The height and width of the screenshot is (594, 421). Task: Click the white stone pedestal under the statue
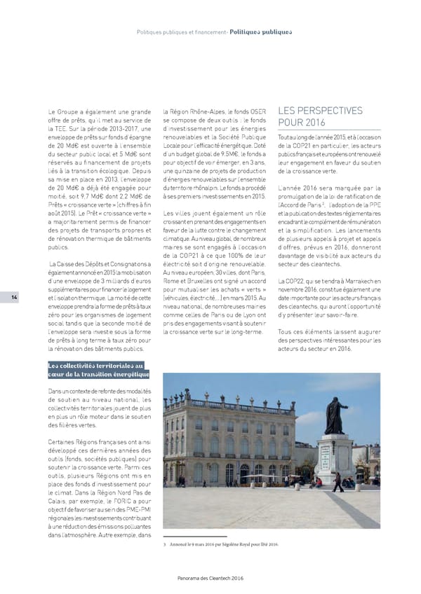(x=335, y=462)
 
